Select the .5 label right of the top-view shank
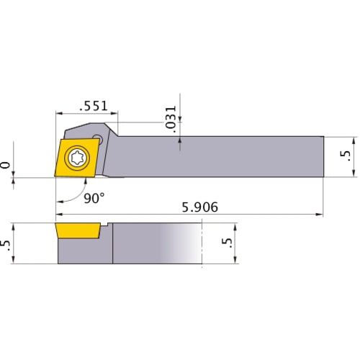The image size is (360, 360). coord(346,156)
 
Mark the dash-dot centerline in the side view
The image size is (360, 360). coord(204,244)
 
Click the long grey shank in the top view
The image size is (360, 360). coord(216,156)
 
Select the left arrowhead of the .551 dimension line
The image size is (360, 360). coord(59,113)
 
